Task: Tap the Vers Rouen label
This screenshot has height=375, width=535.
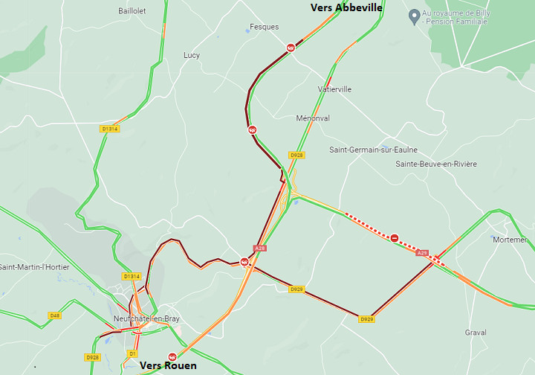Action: tap(169, 365)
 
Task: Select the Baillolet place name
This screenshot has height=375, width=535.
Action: tap(132, 11)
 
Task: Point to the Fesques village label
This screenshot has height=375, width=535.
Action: tap(265, 27)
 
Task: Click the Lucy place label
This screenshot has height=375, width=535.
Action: tap(192, 56)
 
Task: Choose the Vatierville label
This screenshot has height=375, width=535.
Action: tap(334, 89)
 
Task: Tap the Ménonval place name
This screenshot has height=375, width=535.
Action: tap(313, 118)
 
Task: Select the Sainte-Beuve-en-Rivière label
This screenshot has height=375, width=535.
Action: tap(436, 164)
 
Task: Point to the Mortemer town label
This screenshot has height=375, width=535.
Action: tap(510, 240)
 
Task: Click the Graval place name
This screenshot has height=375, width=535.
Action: tap(476, 333)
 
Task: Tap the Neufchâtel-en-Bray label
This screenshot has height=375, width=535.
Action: tap(146, 318)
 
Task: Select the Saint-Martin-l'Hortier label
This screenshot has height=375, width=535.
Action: tap(34, 267)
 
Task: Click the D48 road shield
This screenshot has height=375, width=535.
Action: tap(55, 315)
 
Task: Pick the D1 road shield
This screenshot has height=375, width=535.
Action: tap(132, 353)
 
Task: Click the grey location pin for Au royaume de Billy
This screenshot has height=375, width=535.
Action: tap(414, 16)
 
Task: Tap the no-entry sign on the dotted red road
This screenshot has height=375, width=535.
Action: tap(395, 238)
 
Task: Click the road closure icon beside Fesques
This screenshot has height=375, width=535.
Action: tap(291, 48)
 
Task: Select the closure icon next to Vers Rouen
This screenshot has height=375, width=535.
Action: tap(172, 356)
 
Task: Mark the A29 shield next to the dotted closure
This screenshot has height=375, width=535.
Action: tap(422, 253)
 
